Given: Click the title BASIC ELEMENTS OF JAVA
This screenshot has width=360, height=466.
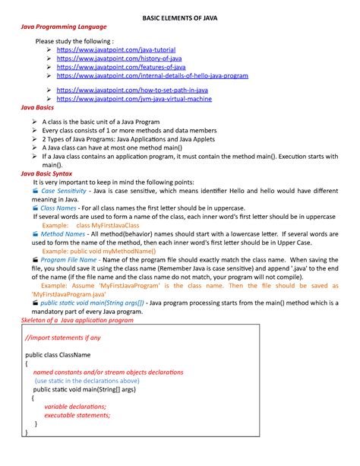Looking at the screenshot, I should click(x=180, y=17).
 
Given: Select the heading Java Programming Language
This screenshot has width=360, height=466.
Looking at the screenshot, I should click(x=63, y=27).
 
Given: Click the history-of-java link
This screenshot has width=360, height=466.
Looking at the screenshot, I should click(x=119, y=58).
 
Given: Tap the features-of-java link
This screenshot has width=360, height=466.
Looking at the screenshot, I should click(x=121, y=67).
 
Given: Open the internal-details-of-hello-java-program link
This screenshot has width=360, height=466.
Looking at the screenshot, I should click(x=152, y=76).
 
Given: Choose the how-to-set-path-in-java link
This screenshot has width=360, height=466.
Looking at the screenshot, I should click(x=132, y=90).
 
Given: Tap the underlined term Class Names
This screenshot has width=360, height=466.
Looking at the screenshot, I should click(x=58, y=208).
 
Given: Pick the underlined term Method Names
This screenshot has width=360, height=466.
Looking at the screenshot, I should click(x=63, y=234).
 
